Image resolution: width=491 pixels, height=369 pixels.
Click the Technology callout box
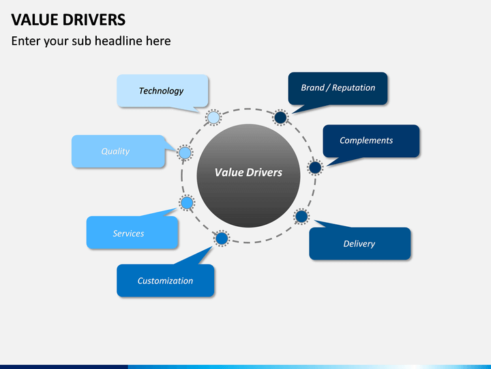coord(162,91)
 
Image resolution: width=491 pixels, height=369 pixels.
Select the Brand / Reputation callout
coord(338,88)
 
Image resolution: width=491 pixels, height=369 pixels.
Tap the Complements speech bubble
coord(371,141)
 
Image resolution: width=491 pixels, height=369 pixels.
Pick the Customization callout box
coord(165,280)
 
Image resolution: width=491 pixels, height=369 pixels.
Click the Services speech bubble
coord(132,232)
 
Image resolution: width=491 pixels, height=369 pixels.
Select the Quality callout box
coord(119,151)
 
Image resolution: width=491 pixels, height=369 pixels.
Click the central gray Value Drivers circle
coord(248,176)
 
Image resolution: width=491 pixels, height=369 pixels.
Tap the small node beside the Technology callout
coord(213,118)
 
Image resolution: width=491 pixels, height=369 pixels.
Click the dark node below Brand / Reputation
coord(280,118)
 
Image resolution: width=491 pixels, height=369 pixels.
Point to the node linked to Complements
coord(315,167)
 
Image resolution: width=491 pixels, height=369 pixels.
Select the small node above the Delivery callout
coord(301,216)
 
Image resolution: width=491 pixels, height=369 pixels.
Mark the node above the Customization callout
coord(222,238)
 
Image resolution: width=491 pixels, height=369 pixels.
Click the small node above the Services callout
coord(187,203)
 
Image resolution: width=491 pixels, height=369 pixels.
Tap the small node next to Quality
coord(185,153)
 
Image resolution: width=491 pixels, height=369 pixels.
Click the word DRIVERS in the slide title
coord(94,20)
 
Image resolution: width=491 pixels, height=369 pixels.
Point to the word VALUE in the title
coord(35,20)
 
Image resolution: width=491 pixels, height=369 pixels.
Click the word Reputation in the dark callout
coord(353,88)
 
